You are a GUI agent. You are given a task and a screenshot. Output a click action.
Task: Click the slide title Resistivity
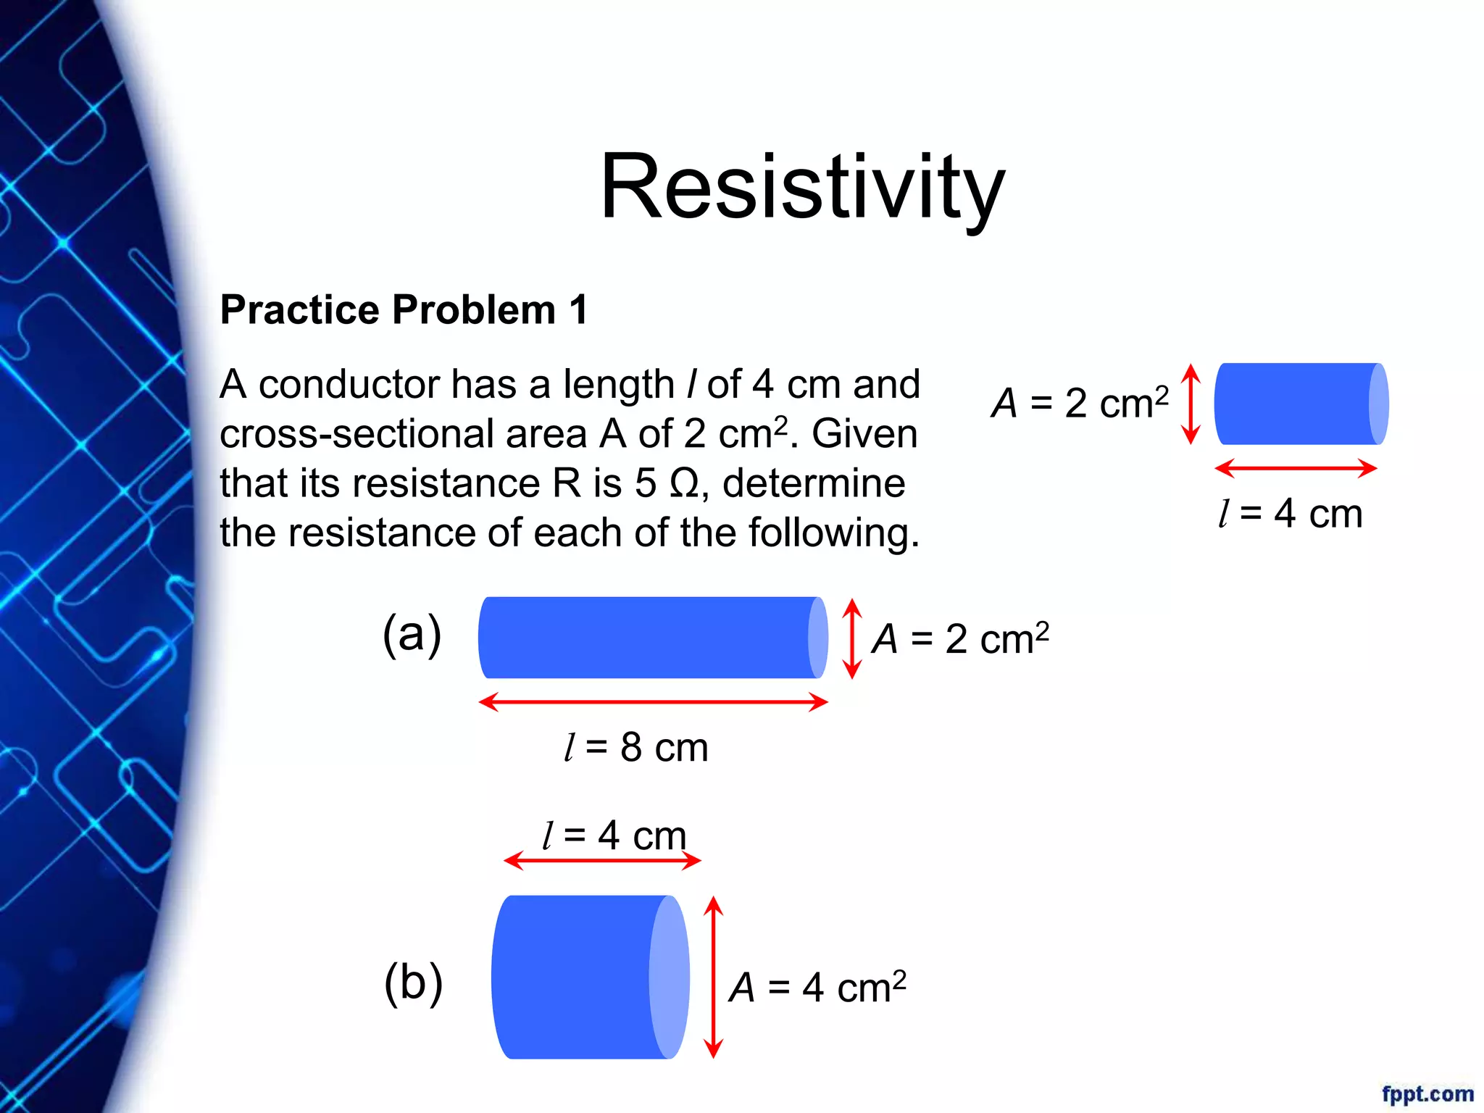(x=802, y=186)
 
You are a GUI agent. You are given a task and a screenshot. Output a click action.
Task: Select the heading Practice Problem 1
(x=404, y=310)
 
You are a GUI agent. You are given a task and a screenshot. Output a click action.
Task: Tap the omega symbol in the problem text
(x=683, y=483)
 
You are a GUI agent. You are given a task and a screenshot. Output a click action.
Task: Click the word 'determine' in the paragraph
(x=814, y=483)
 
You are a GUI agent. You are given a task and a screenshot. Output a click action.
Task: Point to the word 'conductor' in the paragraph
(x=349, y=384)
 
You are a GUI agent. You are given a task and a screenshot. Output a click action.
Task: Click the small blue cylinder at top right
(x=1301, y=404)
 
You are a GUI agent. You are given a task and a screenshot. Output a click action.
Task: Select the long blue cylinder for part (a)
(x=652, y=638)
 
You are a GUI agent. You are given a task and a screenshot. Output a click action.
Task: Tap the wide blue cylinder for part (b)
(x=588, y=977)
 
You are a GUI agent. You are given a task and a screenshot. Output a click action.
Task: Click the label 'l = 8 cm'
(x=635, y=748)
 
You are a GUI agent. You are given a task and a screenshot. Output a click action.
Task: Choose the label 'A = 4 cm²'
(x=817, y=987)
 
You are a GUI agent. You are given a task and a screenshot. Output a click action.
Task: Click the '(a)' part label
(x=412, y=634)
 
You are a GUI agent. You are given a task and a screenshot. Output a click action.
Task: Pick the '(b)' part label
(x=413, y=983)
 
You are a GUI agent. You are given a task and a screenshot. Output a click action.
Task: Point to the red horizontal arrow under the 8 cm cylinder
(x=652, y=701)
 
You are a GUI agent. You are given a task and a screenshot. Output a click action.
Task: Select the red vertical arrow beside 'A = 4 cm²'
(x=714, y=977)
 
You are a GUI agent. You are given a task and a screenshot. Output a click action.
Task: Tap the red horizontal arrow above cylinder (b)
(x=602, y=861)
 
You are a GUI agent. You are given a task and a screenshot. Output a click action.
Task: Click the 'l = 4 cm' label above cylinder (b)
(x=614, y=835)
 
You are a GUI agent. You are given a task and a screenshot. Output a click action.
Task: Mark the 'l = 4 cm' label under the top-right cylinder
(x=1291, y=514)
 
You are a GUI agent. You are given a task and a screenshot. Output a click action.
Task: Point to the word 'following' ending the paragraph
(x=833, y=533)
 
